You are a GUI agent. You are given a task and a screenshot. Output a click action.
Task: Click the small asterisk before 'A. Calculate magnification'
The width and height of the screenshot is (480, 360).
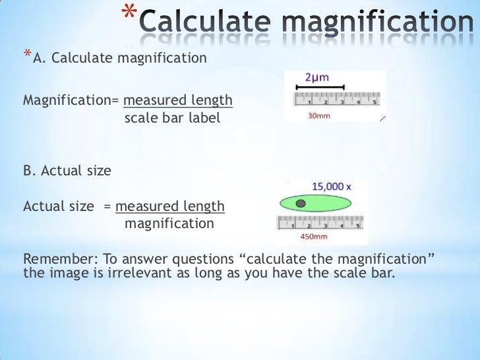[27, 55]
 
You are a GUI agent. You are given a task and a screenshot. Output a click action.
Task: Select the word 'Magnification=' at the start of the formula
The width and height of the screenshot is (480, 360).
[71, 101]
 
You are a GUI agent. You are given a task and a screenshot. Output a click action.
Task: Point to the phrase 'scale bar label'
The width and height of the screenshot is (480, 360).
[172, 119]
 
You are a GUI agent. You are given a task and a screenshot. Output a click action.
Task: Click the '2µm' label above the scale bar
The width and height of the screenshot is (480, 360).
[317, 77]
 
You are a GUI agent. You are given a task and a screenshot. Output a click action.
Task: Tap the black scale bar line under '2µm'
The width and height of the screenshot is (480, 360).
[324, 87]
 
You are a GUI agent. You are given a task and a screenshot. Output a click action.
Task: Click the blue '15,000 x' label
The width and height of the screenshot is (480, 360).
[331, 187]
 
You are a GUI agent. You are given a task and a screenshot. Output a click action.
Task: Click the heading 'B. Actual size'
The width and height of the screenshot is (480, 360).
[67, 171]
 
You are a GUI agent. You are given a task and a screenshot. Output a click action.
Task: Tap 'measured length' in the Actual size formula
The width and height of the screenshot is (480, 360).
[170, 206]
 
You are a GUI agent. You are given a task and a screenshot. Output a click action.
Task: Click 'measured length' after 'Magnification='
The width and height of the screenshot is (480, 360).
[178, 101]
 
